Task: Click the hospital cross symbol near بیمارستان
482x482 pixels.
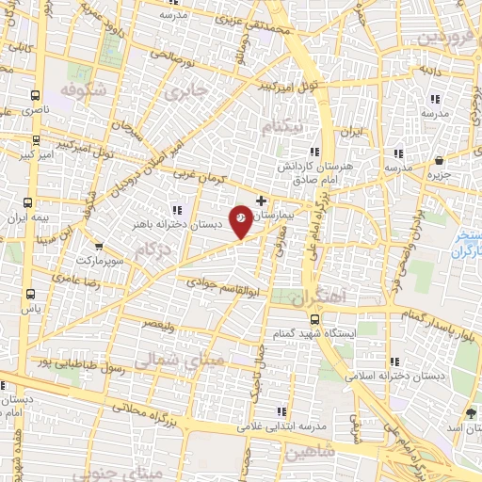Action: pyautogui.click(x=261, y=201)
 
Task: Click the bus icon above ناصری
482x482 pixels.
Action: pyautogui.click(x=36, y=95)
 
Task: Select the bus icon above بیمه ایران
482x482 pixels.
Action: pyautogui.click(x=28, y=202)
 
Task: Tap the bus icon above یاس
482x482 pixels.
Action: pyautogui.click(x=33, y=293)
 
